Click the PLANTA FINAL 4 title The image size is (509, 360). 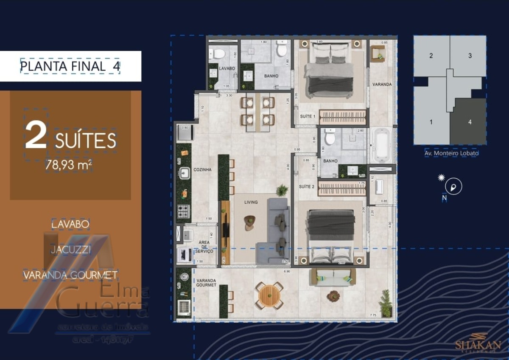click(70, 66)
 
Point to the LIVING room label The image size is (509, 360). click(251, 202)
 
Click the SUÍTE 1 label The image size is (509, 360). click(308, 116)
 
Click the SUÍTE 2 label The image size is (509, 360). click(307, 186)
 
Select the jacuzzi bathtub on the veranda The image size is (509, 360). click(382, 145)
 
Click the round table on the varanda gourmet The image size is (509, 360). click(269, 295)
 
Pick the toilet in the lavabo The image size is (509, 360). click(219, 54)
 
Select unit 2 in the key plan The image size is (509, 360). click(431, 56)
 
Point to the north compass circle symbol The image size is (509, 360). click(453, 186)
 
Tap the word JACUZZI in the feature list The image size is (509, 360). click(71, 250)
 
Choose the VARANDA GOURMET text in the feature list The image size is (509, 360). click(70, 275)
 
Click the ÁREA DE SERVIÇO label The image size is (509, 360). click(204, 247)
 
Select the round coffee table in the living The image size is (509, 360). click(250, 221)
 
